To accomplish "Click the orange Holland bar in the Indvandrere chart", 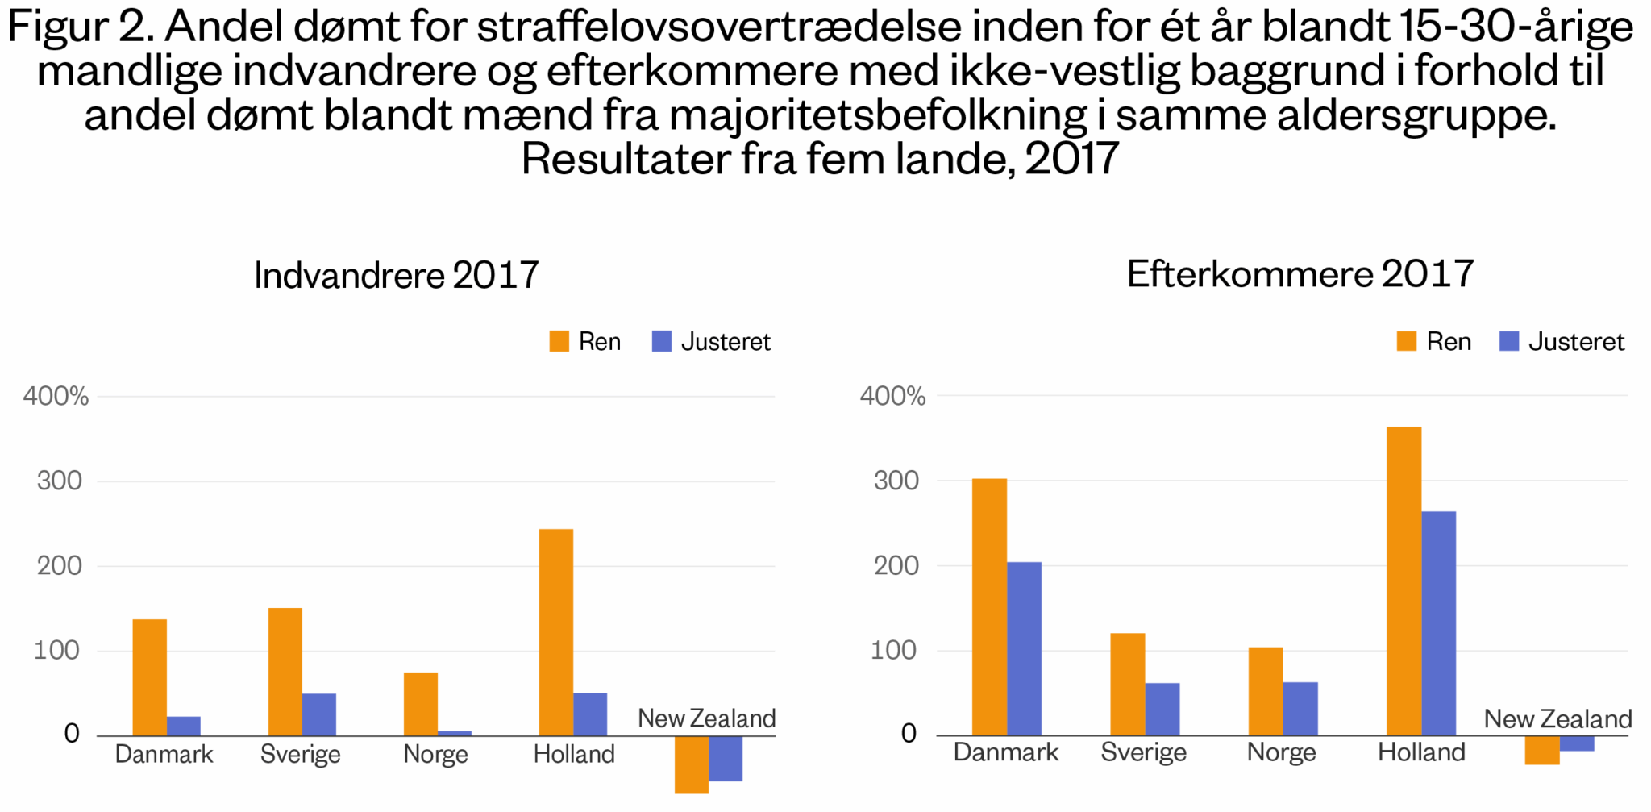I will (555, 632).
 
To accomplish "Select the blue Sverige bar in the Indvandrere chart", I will (319, 714).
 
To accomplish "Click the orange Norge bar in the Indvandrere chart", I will (420, 704).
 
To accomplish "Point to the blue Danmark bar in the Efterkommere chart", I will (1024, 648).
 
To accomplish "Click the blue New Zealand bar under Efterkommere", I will (1577, 743).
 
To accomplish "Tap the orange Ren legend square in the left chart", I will (559, 341).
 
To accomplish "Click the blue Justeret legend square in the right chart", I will (1508, 341).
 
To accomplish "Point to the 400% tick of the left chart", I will (56, 396).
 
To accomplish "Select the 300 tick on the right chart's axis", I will (896, 481).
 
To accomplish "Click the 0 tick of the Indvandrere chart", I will (72, 734).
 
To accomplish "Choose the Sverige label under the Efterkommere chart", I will (1143, 752).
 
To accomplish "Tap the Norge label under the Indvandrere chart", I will (435, 754).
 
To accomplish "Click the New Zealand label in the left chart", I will (706, 718).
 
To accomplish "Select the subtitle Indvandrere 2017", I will (396, 275).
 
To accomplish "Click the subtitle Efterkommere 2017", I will (1300, 274).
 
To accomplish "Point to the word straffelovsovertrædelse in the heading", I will (719, 27).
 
